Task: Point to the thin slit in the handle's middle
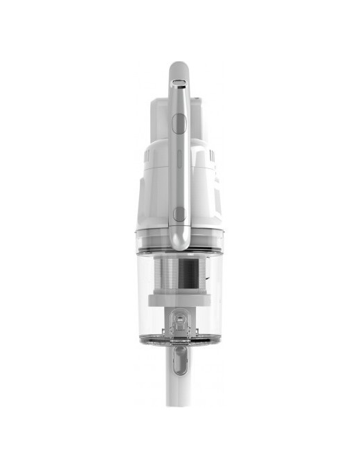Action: [179, 166]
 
